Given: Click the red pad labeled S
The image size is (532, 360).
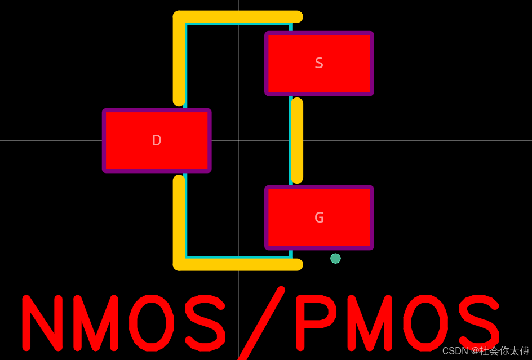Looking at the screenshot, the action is (319, 63).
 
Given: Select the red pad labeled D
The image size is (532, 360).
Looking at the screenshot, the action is (157, 140).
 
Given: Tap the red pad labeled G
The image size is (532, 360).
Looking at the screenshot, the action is (319, 217).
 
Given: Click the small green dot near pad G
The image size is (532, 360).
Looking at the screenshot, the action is (335, 258).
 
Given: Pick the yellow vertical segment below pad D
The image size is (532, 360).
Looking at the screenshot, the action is (179, 220).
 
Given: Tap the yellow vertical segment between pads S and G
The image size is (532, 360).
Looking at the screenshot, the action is (297, 140).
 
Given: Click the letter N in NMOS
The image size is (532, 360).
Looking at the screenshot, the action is (42, 322).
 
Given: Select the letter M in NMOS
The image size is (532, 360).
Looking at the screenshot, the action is (95, 322).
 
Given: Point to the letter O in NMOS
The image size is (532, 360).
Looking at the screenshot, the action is (151, 322).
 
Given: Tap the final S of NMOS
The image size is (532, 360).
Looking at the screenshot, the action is (205, 322).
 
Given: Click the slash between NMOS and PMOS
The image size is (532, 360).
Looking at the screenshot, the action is (261, 323).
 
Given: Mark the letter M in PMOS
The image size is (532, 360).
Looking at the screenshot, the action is (369, 322).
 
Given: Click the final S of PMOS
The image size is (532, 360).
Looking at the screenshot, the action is (479, 322).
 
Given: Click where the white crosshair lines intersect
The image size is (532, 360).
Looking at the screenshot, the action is (238, 141).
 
